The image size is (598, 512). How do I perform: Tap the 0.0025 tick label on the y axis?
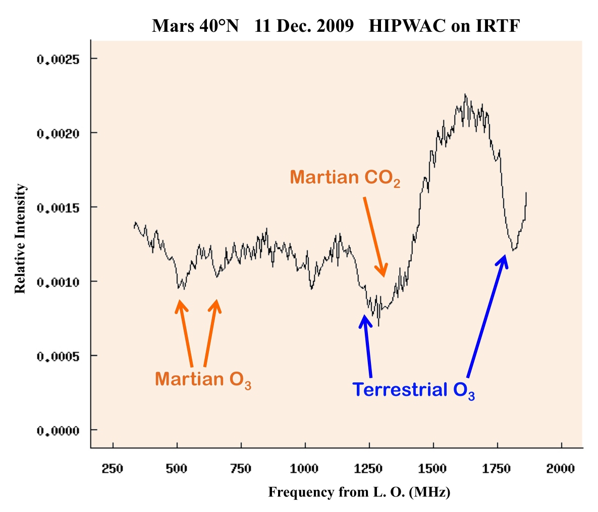coord(59,59)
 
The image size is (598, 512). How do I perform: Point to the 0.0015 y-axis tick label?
coord(59,208)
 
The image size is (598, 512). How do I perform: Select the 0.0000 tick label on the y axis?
coord(59,431)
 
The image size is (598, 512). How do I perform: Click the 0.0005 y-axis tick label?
coord(59,356)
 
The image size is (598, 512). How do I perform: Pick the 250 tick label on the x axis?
coord(113,469)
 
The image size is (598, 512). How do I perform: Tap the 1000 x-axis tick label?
coord(304,469)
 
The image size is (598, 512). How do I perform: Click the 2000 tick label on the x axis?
coord(561,469)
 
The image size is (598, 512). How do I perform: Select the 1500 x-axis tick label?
coord(432,469)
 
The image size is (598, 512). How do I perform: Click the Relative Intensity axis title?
coord(20,238)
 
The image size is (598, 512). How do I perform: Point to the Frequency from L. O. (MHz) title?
coord(359,492)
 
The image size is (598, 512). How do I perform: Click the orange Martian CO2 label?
coord(345,178)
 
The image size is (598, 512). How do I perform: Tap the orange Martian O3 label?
coord(203,379)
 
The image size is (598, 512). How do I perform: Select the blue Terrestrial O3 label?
coord(413,390)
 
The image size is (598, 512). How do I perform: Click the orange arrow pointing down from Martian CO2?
coord(374,236)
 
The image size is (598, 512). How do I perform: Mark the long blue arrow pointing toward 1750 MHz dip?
coord(486,316)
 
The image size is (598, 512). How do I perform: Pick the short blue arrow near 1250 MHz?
coord(367,346)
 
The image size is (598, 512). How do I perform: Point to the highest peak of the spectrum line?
coord(465,94)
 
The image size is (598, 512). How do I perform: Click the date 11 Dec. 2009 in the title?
coord(304,26)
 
